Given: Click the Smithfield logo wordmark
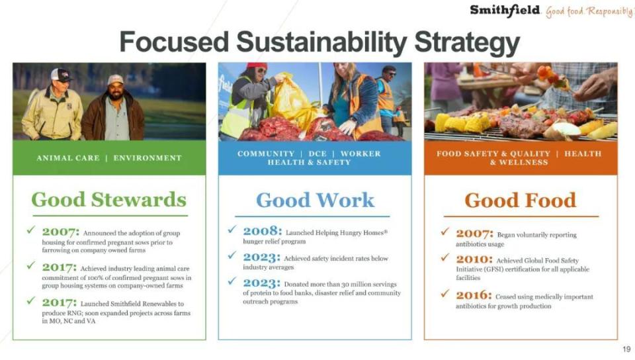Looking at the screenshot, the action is click(x=505, y=11).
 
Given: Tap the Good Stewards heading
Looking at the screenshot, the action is click(x=109, y=200).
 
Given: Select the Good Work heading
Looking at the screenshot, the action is click(x=315, y=200).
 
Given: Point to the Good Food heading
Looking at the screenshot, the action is click(x=521, y=200).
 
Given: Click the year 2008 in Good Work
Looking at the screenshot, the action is click(x=262, y=231).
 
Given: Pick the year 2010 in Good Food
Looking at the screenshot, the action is click(x=474, y=259).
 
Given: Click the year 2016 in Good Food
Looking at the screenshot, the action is click(x=474, y=295).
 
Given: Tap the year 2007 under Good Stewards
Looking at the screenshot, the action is click(x=61, y=232).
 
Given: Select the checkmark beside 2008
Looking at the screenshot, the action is click(x=232, y=229).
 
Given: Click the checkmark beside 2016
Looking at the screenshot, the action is click(x=445, y=293).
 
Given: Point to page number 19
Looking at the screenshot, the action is click(x=626, y=349).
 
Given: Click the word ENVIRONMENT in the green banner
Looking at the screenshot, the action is click(x=148, y=158).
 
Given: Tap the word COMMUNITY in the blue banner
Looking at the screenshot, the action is click(x=266, y=154).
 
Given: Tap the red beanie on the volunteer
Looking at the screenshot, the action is click(x=257, y=66).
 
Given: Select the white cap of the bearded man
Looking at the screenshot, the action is click(x=115, y=80).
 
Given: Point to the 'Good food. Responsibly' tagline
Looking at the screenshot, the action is click(x=589, y=11).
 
